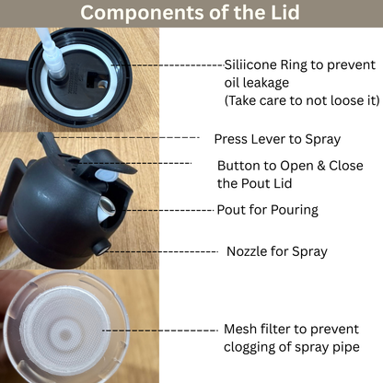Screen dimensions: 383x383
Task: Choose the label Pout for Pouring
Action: [x=267, y=210]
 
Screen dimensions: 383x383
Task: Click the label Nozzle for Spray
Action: [x=277, y=250]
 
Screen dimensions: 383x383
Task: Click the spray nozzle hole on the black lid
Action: [x=99, y=248]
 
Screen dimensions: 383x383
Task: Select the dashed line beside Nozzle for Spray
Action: [x=166, y=250]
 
